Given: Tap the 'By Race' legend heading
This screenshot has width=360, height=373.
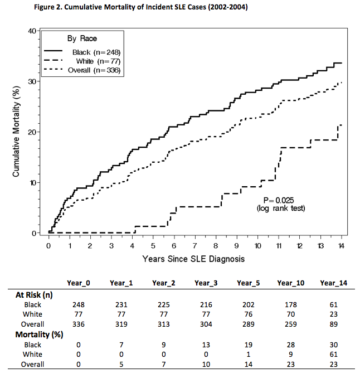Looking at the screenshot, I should click(82, 38).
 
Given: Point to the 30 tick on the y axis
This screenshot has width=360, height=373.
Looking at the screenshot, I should click(35, 81).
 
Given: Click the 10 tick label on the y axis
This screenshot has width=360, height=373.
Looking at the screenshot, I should click(35, 182).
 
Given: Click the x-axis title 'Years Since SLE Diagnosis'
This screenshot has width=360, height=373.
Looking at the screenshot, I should click(193, 259).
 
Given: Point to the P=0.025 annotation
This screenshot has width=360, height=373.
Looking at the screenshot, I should click(279, 201).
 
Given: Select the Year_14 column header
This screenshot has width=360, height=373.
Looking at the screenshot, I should click(334, 283).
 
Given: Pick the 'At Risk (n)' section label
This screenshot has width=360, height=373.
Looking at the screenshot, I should click(33, 294).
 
